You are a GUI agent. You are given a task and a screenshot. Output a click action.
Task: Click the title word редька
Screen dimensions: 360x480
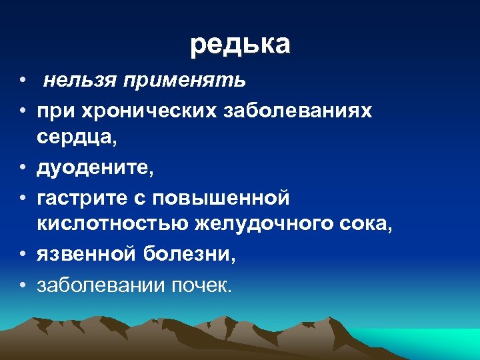click(x=240, y=45)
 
